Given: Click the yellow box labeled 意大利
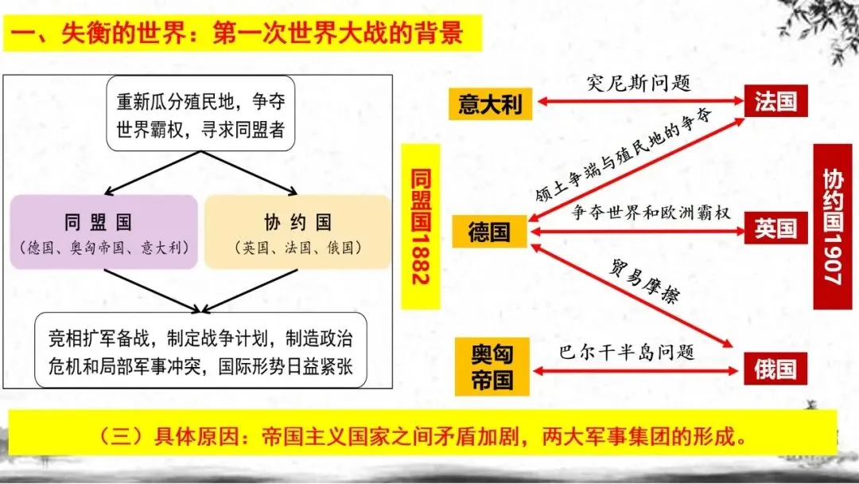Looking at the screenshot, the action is (490, 103).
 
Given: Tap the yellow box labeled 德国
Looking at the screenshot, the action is (490, 231).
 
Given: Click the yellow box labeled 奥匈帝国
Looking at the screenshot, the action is (492, 367).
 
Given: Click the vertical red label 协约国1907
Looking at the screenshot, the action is (833, 226).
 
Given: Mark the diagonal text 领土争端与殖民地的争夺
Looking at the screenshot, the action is (624, 154).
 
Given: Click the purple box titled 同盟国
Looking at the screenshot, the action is (103, 232).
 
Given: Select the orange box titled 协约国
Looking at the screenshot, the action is (298, 232).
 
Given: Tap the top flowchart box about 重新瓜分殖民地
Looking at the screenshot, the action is (200, 114).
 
